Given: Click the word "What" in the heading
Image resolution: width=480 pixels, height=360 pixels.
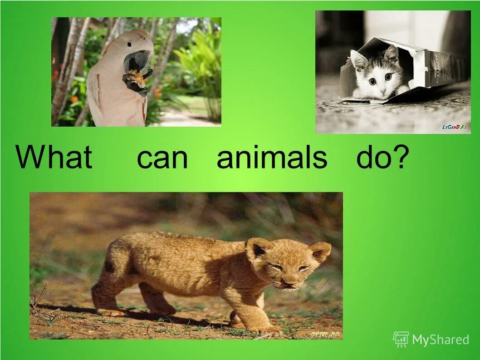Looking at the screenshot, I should pos(54,157).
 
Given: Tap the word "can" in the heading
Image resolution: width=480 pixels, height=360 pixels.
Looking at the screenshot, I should pos(162,158).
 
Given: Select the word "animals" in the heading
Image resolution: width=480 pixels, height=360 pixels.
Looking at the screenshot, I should pos(271,157).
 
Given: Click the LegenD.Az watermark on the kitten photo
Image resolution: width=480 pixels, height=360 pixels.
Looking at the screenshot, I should pos(454,127).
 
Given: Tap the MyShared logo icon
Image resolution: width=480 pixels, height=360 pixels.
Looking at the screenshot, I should pos(401,339).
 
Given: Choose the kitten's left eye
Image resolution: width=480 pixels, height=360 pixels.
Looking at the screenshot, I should pos(372,80).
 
